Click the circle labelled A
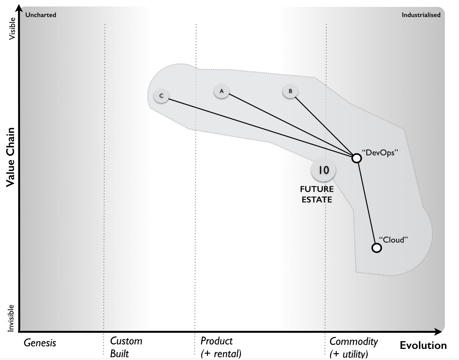point(221,91)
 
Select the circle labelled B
point(290,91)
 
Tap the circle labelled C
point(161,96)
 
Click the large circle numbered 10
point(323,170)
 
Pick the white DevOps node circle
point(356,158)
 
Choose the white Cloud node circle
point(377,248)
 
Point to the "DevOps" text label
point(380,153)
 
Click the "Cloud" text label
point(393,240)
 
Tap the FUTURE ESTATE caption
point(317,194)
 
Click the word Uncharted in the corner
point(41,15)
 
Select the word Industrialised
point(421,15)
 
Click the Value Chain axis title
point(10,157)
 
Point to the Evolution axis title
point(423,345)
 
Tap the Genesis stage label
point(40,343)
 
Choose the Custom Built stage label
point(126,347)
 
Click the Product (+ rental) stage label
point(221,347)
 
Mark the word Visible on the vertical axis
point(12,29)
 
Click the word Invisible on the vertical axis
point(11,318)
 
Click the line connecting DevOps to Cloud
point(367,203)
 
